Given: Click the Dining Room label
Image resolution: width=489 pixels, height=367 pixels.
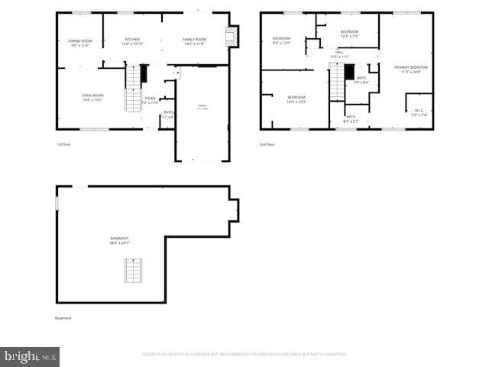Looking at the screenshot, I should click(79, 43).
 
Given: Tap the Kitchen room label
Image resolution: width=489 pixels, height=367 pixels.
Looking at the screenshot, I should click(132, 41).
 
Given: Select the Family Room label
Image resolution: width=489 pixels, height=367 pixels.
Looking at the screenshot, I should click(195, 41).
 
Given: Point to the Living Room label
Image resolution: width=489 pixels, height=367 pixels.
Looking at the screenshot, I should click(92, 97).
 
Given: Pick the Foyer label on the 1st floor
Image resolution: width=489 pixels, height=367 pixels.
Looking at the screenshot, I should click(151, 99).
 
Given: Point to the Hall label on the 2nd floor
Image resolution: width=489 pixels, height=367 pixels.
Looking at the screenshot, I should click(339, 54).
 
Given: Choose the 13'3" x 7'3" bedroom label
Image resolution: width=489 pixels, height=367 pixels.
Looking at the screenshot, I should click(349, 33).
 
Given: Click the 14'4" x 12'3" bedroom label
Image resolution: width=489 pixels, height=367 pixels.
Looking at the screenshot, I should click(296, 99).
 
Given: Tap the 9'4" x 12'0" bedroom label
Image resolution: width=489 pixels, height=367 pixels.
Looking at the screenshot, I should click(282, 41).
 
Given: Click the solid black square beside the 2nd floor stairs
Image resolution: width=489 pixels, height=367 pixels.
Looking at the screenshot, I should click(349, 73).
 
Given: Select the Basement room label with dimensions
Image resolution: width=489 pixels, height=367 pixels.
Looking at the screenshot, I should click(119, 241).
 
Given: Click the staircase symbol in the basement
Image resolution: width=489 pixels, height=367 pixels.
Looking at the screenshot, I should click(134, 271).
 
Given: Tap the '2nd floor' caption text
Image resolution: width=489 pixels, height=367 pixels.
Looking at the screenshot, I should click(267, 144).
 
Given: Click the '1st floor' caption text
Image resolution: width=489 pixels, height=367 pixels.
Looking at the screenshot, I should click(63, 144).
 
